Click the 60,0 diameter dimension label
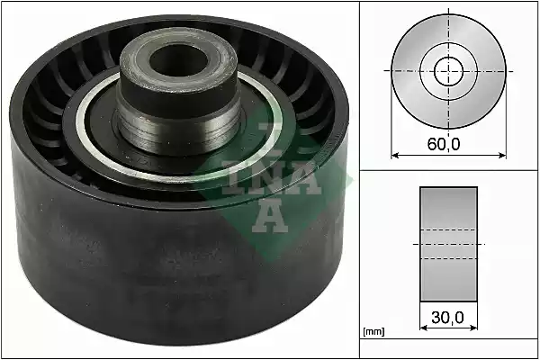click(x=444, y=144)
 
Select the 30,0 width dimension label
click(x=447, y=318)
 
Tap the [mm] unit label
click(x=373, y=332)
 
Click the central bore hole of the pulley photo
click(x=179, y=61)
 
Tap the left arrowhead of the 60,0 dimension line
click(x=395, y=156)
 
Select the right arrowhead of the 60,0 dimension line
click(x=502, y=156)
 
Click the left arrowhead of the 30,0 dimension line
click(x=424, y=328)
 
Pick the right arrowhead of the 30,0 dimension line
click(x=474, y=328)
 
